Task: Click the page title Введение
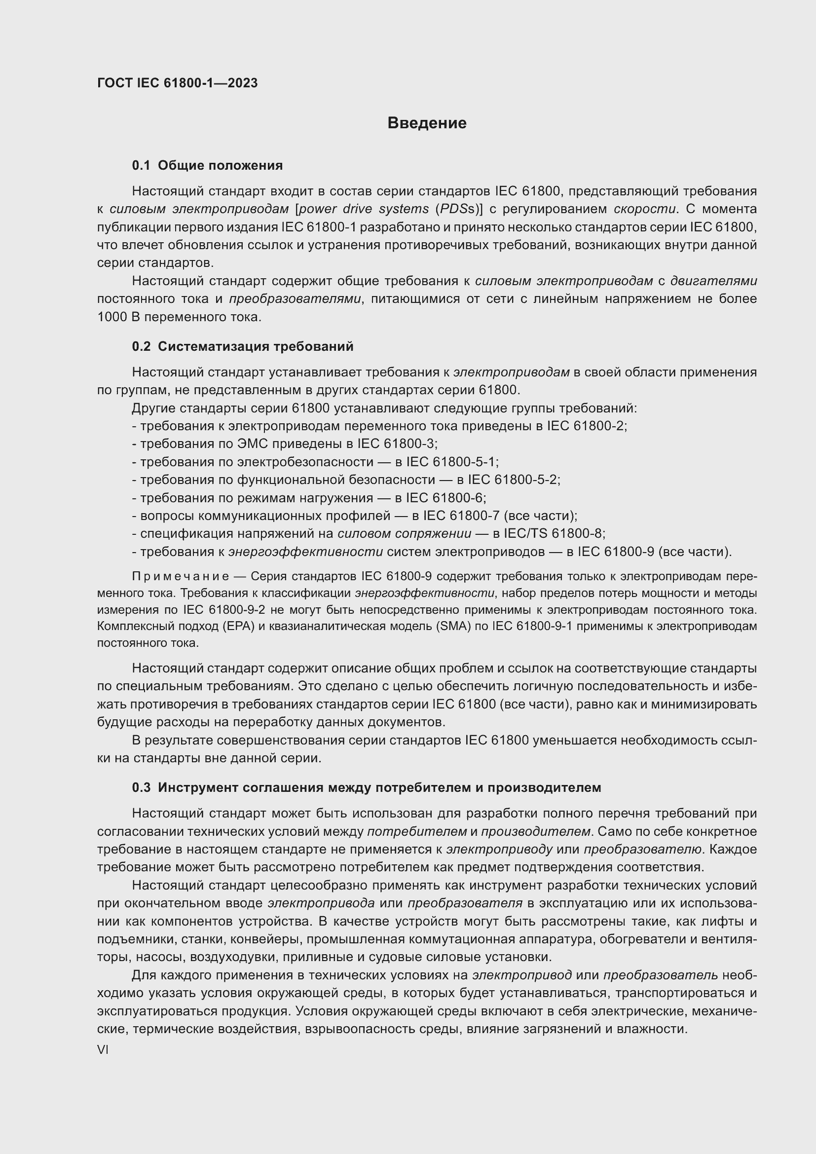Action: coord(427,123)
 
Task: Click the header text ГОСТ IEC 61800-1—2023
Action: coord(177,83)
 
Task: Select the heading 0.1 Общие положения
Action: coord(207,165)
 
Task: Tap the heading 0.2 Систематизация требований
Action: coord(242,346)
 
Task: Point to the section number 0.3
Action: coord(141,787)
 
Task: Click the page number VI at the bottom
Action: coord(103,1050)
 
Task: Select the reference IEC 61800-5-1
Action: coord(451,462)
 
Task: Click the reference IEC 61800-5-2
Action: coord(513,480)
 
